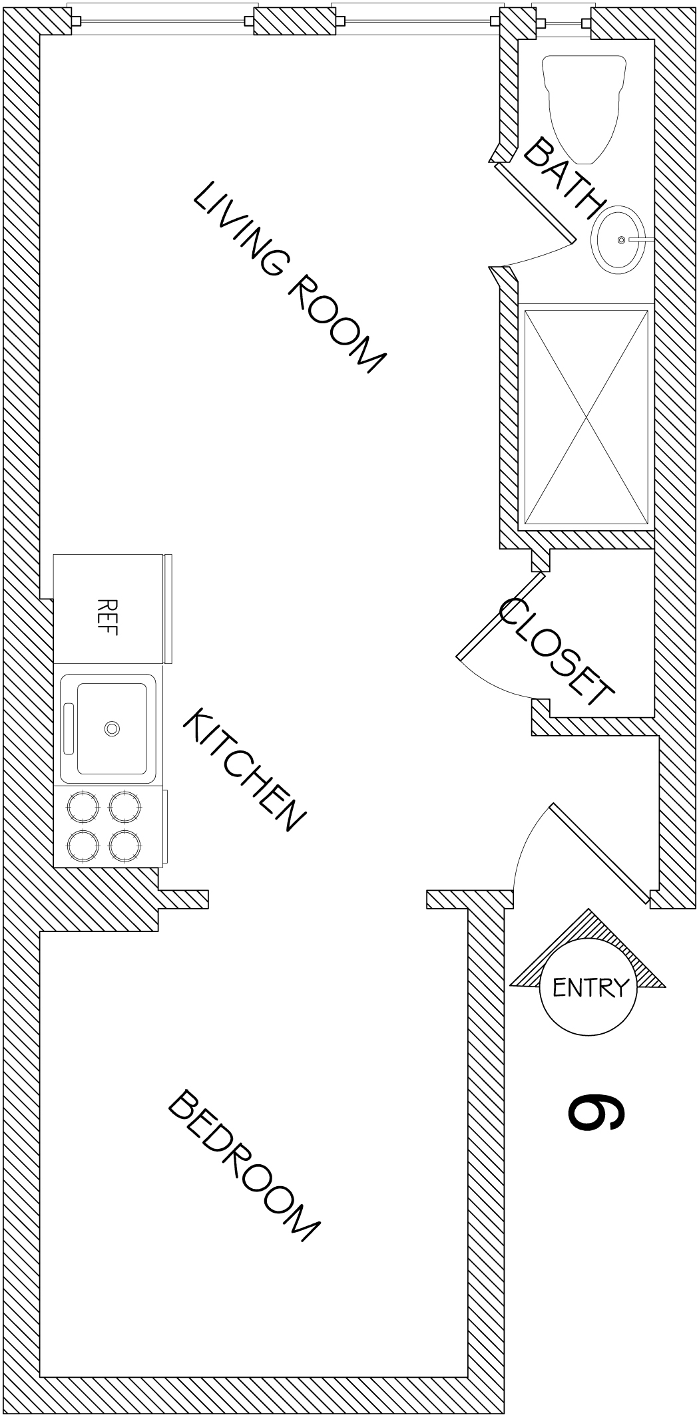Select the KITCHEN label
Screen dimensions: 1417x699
coord(244,770)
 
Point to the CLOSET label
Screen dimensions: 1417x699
coord(556,651)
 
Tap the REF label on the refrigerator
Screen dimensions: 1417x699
coord(108,617)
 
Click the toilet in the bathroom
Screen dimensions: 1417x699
coord(585,106)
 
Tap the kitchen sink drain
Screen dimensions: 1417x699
coord(112,728)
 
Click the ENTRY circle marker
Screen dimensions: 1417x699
coord(587,987)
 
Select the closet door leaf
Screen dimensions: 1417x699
coord(501,615)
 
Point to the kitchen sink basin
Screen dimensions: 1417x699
coord(112,728)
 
